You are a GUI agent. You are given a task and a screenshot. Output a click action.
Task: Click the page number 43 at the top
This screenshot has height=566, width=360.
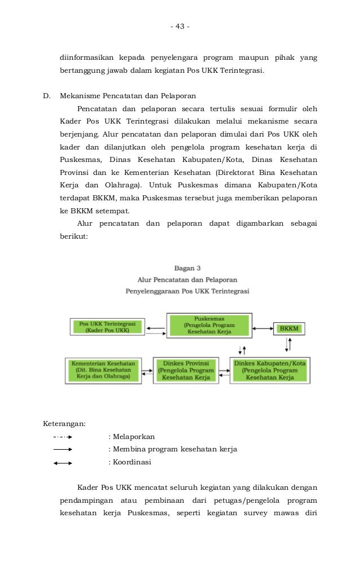tap(180, 27)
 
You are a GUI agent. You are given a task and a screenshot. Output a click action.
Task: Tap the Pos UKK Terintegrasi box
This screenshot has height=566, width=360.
tap(107, 327)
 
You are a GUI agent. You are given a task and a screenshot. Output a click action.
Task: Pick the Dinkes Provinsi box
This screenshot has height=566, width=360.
tap(186, 370)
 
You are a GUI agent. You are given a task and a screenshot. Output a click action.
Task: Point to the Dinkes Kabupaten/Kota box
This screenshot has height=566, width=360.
tap(270, 370)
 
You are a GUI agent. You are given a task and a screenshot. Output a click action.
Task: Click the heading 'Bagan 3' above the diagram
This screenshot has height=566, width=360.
tap(187, 268)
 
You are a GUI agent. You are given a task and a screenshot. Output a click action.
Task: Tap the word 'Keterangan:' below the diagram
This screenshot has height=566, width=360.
tap(65, 424)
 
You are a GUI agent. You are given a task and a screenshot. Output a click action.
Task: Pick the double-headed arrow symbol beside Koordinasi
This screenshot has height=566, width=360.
tap(62, 463)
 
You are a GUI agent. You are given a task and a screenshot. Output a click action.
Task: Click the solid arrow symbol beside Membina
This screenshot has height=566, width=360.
tap(62, 450)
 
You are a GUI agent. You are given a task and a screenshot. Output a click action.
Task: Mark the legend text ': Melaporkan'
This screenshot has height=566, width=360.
tap(131, 437)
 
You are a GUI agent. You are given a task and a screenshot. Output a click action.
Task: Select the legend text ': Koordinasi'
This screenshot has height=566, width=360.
tap(129, 462)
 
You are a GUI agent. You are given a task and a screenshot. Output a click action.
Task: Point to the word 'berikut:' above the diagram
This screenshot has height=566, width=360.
tap(74, 237)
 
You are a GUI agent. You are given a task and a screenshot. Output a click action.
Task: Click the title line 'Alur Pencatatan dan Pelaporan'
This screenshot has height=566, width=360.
tap(187, 279)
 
